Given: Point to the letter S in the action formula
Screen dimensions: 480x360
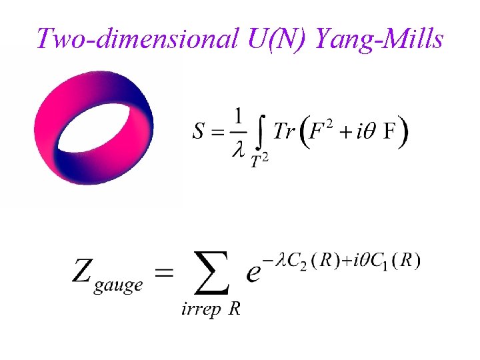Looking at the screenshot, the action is click(199, 132).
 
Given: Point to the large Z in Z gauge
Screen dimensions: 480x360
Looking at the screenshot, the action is click(84, 271).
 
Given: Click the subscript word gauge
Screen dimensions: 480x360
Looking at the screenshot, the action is click(119, 285).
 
